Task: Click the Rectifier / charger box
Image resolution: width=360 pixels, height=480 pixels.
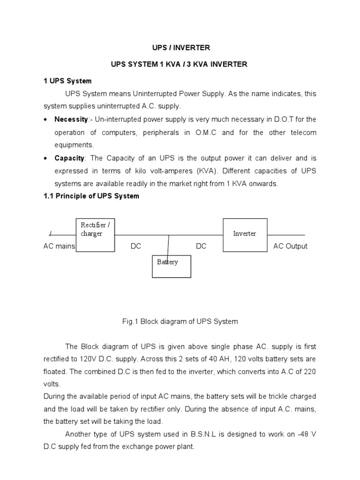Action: [x=96, y=234]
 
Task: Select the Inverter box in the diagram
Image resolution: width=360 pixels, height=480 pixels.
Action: [x=245, y=234]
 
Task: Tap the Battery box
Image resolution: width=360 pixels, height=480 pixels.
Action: [x=172, y=266]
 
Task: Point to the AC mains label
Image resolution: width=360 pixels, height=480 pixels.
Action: [x=59, y=246]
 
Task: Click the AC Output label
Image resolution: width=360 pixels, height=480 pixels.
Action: [x=290, y=246]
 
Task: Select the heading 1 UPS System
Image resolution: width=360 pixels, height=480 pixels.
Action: [x=67, y=81]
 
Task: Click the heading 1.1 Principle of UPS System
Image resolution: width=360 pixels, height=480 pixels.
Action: [x=91, y=196]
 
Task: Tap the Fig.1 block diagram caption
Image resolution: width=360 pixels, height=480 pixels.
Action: [x=180, y=322]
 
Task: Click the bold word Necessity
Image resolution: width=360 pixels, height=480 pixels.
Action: [x=71, y=120]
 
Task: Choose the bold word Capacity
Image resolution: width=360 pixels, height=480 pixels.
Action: [x=69, y=158]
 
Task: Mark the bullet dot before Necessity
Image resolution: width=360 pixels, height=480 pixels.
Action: [x=46, y=120]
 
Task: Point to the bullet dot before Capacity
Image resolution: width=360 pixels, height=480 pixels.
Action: [x=46, y=158]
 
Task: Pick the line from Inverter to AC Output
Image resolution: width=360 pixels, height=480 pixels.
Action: [x=286, y=235]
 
